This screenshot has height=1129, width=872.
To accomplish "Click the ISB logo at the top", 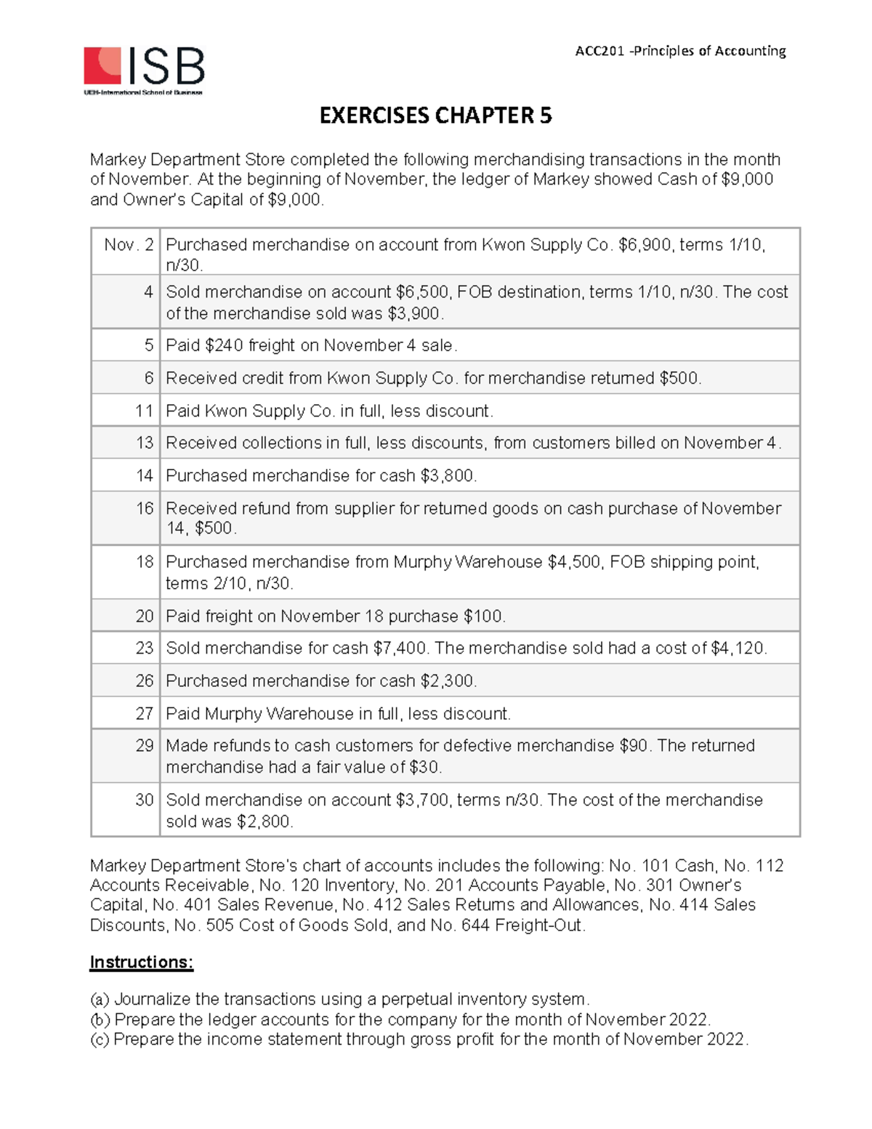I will [x=144, y=71].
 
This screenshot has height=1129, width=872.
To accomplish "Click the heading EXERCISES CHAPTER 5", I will [x=436, y=116].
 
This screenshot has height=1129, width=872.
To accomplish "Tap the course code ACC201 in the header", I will [x=599, y=51].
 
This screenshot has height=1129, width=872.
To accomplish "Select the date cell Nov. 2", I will [x=128, y=245].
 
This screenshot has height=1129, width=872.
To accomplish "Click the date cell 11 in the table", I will [x=144, y=411].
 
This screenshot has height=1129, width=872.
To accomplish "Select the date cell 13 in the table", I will [x=144, y=443].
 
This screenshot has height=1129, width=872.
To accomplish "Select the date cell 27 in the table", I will [x=144, y=713].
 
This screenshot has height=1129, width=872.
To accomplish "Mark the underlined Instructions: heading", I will [x=142, y=963].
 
